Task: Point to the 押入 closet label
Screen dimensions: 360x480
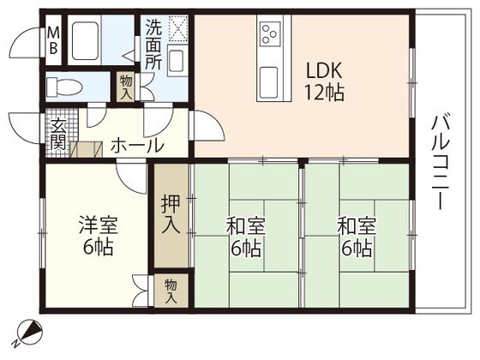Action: (171, 217)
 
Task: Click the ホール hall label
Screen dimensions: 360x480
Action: (136, 146)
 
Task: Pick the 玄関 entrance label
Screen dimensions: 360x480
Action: (57, 135)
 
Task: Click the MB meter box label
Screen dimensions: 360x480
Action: (53, 40)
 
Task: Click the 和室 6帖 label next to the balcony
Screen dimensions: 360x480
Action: (354, 237)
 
